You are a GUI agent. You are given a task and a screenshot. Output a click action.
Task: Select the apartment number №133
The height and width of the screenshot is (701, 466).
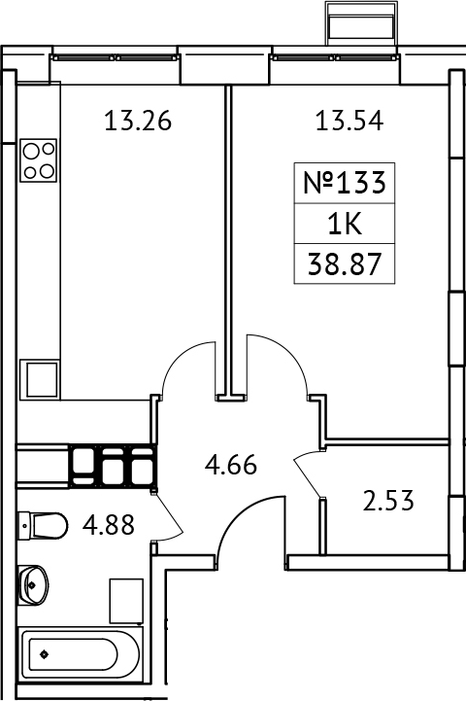tap(346, 182)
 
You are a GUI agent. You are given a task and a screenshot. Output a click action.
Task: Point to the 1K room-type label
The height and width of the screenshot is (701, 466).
tap(346, 224)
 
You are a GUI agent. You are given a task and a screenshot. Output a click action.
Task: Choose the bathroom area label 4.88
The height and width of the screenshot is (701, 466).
tap(108, 526)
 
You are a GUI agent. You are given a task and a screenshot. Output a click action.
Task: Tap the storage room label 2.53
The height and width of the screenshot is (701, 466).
tap(388, 502)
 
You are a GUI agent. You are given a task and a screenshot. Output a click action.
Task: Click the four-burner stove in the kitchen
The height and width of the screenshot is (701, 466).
tap(39, 159)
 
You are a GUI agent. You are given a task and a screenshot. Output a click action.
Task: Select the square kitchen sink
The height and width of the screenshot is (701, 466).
tap(41, 377)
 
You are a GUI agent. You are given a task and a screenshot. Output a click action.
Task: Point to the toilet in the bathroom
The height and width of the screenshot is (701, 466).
tap(43, 526)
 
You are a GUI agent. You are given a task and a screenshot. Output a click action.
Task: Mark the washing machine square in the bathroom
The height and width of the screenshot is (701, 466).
tap(126, 599)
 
